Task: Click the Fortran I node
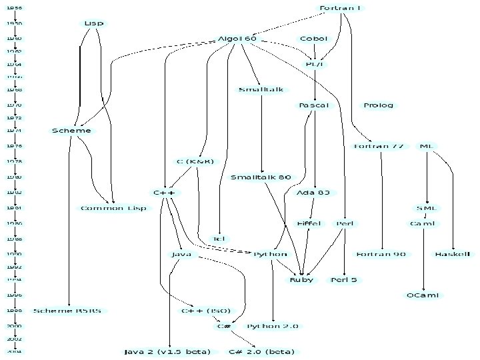tap(340, 8)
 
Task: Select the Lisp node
tap(94, 23)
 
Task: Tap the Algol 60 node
tap(237, 39)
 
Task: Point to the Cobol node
tap(313, 39)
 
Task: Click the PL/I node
tap(314, 64)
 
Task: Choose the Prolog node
tap(379, 105)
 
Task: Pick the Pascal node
tap(313, 105)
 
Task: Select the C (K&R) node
tap(195, 161)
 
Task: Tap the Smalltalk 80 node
tap(261, 177)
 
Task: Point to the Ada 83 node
tap(313, 193)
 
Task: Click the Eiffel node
tap(309, 223)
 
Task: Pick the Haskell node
tap(453, 254)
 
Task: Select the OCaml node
tap(423, 295)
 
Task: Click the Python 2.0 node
tap(273, 326)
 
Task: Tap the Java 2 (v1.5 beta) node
tap(167, 351)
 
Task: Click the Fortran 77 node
tap(379, 146)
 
